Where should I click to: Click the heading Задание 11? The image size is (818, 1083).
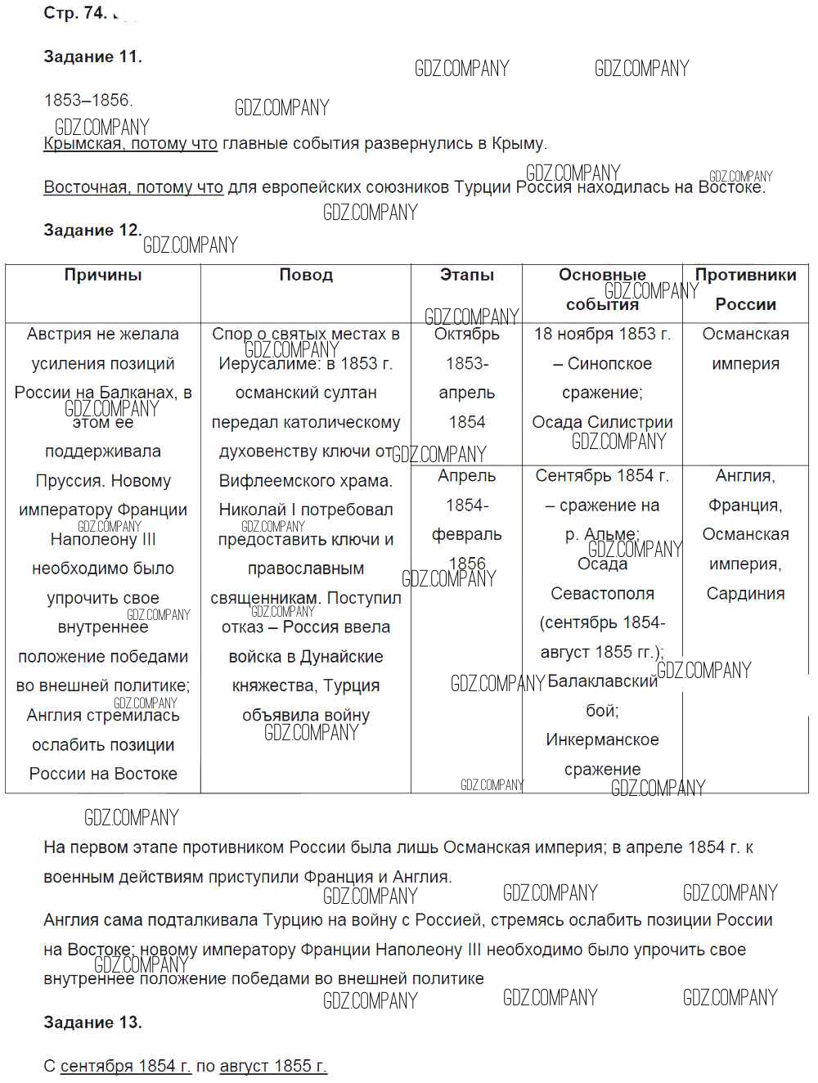coord(92,57)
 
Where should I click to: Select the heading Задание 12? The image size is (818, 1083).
coord(92,231)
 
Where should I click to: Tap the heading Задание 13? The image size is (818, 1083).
coord(92,1022)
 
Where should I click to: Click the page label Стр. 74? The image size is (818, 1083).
coord(74,13)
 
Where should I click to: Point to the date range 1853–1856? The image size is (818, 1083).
coord(88,101)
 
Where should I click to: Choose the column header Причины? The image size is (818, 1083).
coord(103,276)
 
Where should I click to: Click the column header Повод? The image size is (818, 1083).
coord(306,276)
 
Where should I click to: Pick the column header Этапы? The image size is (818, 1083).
coord(467,276)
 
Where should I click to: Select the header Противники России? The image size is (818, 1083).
coord(745,290)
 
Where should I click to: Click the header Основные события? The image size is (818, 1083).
coord(602,290)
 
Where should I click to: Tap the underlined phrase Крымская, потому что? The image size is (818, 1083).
coord(130,144)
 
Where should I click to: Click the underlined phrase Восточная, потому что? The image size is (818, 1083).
coord(133,187)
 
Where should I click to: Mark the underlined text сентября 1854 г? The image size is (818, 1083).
coord(126,1066)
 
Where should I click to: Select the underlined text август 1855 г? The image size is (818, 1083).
coord(273,1066)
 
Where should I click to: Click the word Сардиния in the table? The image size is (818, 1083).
coord(745,594)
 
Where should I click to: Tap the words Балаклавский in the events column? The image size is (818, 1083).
coord(603,681)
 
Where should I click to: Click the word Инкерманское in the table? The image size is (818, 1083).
coord(602,740)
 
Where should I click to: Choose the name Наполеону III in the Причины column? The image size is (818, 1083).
coord(103,540)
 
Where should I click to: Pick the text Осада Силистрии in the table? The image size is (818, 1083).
coord(602,423)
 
